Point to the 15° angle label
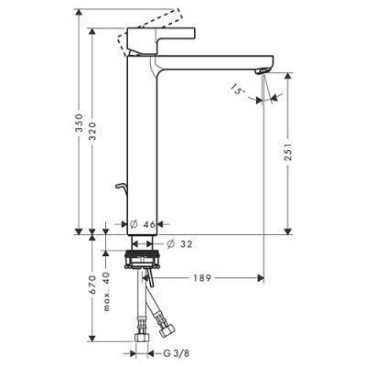(x=239, y=88)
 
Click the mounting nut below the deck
(x=143, y=259)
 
